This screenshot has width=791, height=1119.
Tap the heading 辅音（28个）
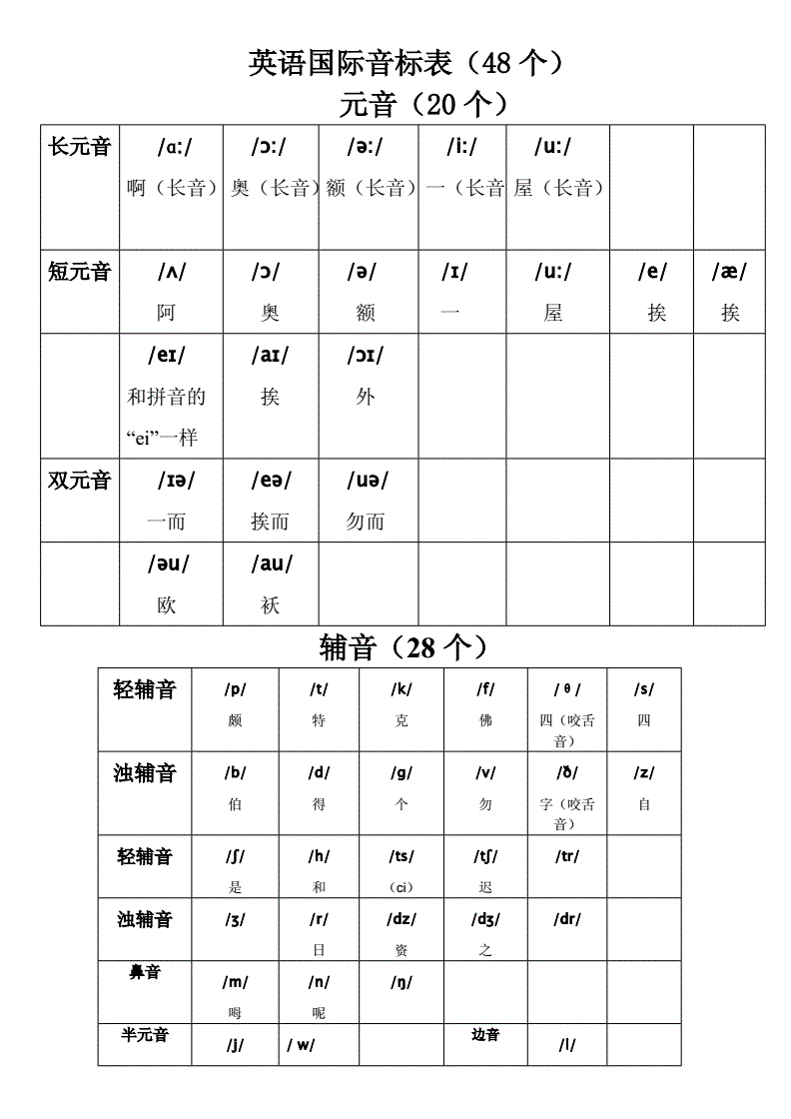pos(403,647)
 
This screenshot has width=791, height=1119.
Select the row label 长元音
pos(80,148)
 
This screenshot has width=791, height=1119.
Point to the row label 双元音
pos(80,481)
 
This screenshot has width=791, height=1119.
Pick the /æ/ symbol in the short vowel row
pos(729,272)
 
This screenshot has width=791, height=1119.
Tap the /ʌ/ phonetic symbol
pos(171,272)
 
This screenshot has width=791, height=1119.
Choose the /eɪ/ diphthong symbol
pos(166,355)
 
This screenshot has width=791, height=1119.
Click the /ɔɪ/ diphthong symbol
pos(365,355)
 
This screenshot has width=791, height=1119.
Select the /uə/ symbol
pos(366,481)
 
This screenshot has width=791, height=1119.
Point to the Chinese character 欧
pos(167,604)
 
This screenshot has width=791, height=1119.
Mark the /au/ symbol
pos(271,563)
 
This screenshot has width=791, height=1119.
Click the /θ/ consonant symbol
pos(566,689)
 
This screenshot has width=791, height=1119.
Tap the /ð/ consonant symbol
pos(567,772)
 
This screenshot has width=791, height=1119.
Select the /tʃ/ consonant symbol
pos(485,856)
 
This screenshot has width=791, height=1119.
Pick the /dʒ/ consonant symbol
pos(485,919)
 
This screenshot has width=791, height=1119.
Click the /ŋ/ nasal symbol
pos(401,982)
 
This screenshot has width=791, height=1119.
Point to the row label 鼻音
pos(145,972)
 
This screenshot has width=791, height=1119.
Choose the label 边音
pos(485,1035)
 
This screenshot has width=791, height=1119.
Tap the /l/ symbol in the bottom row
pos(566,1045)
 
